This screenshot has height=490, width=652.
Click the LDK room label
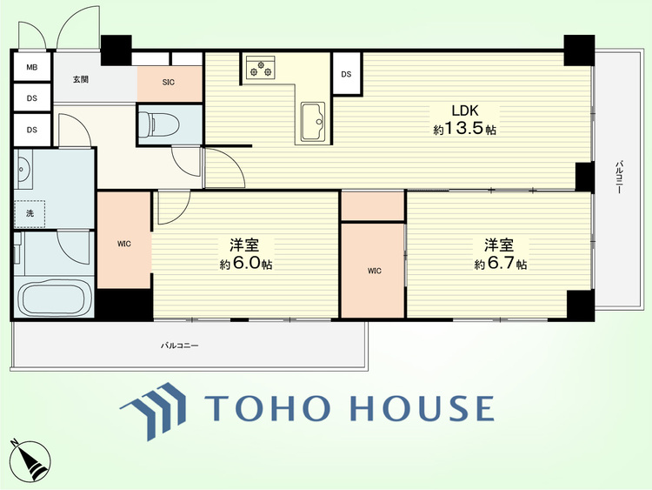[x=465, y=111]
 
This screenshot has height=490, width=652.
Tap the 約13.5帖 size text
[x=465, y=129]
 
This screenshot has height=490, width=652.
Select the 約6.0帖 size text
[x=246, y=264]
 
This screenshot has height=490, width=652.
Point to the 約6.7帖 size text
[x=501, y=264]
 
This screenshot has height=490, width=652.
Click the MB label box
[x=32, y=67]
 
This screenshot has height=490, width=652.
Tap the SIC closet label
[x=169, y=83]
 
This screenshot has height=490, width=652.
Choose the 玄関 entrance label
[x=81, y=79]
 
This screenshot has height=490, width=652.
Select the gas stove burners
[x=260, y=67]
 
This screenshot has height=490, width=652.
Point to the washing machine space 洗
[x=30, y=213]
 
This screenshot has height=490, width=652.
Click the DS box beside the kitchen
[x=346, y=74]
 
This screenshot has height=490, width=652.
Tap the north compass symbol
[x=29, y=460]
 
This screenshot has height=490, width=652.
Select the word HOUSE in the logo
[x=422, y=408]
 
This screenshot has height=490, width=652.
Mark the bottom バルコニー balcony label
[x=180, y=346]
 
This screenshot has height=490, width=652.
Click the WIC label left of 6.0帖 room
[x=124, y=244]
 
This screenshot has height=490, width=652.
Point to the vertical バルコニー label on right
[x=618, y=177]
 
